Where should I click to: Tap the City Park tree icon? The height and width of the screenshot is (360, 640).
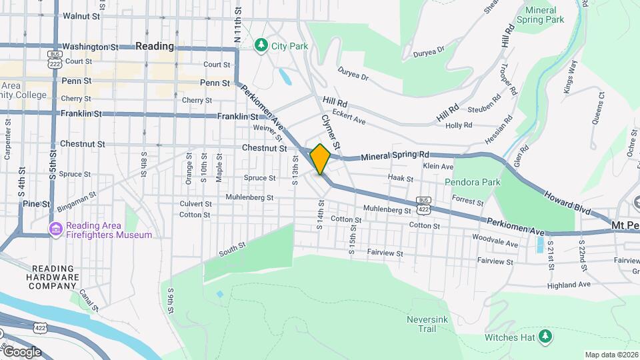coord(261,45)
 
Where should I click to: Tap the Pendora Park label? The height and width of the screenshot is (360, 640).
coord(472,181)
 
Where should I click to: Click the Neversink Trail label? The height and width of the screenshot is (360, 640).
coord(421,324)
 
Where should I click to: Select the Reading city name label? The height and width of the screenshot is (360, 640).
coord(154,46)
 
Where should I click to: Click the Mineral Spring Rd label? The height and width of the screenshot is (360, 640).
coord(395,157)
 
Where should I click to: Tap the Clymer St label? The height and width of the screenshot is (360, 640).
coord(331,131)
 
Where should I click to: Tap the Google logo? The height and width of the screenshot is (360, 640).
coord(21,351)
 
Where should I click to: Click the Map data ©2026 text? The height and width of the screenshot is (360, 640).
coord(611,355)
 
